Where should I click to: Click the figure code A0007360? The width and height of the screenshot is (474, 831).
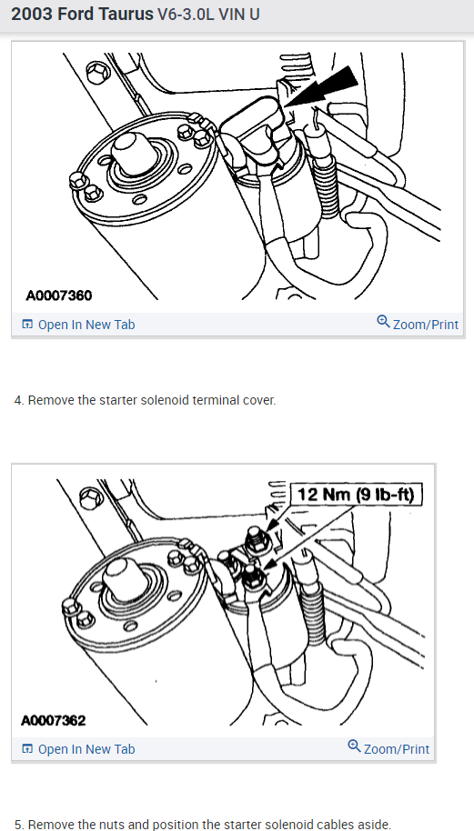point(59,295)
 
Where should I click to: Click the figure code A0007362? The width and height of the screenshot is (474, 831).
point(53,720)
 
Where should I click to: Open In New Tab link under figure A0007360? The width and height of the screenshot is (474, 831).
point(78,325)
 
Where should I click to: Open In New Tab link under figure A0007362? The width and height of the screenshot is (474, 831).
point(78,749)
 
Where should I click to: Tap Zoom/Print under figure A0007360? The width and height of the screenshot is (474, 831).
point(418,324)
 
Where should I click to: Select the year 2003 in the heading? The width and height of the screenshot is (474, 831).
point(31,15)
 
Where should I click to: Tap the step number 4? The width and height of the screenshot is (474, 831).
point(19,400)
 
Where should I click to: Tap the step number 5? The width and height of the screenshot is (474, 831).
point(19,825)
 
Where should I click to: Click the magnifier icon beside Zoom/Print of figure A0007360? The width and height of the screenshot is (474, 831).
point(383,321)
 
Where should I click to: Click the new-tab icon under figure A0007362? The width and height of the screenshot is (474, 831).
point(27,749)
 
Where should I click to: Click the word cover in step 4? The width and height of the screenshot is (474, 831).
point(262,400)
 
